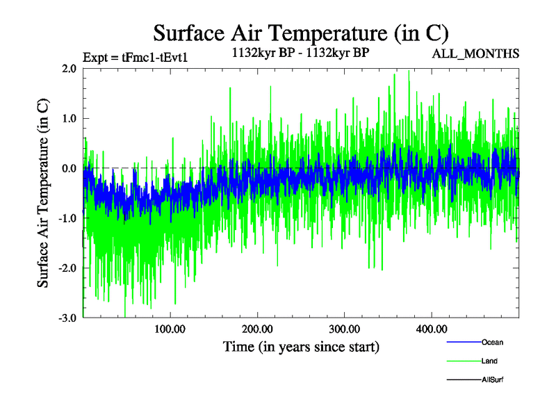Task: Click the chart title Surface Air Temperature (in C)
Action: (x=300, y=33)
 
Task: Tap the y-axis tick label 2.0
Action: (x=68, y=68)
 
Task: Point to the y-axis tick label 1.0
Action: (x=68, y=118)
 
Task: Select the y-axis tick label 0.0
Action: (x=68, y=168)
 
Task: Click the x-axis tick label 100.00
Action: (x=170, y=329)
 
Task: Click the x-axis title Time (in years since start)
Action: (x=300, y=346)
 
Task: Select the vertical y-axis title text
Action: (x=43, y=193)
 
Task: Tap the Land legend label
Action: (x=489, y=361)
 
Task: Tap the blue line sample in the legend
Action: (x=463, y=342)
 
